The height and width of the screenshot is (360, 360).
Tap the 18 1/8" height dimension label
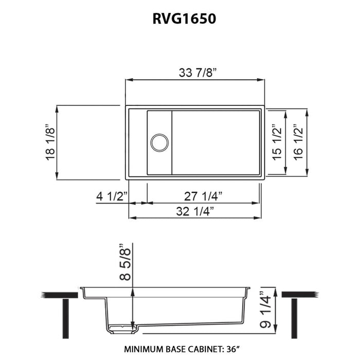point(50,142)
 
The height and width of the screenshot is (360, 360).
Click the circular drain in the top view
point(158,141)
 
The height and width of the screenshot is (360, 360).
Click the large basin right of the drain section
point(217,141)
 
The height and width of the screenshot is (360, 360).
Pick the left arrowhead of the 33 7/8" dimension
point(129,80)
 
